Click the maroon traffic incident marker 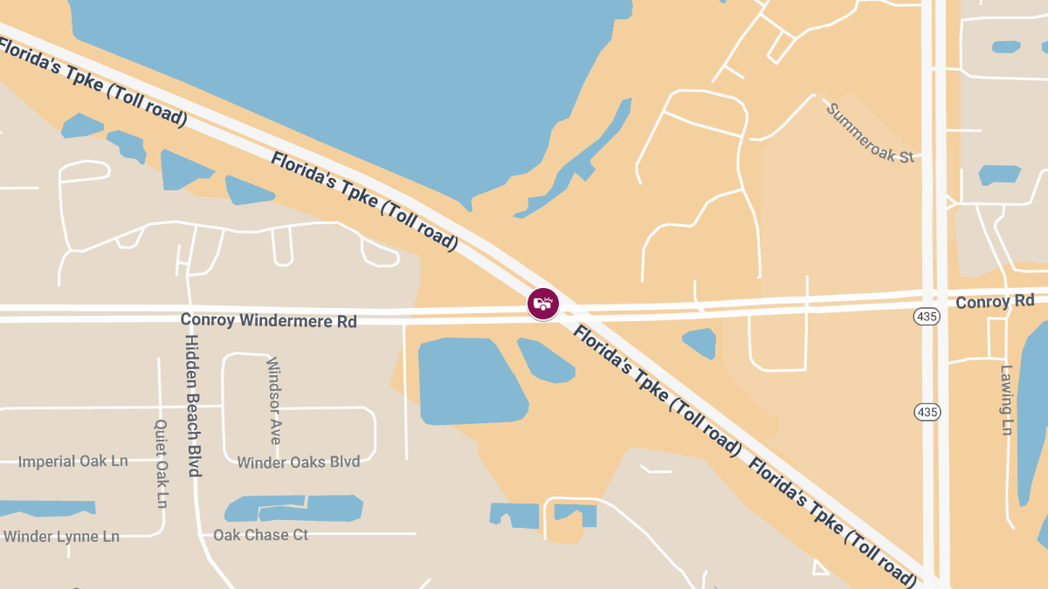543,304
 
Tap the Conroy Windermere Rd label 268,320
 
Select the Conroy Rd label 995,302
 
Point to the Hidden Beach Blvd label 193,405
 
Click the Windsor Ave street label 273,401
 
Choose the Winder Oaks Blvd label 299,462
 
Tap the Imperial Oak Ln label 73,461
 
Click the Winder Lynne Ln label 61,537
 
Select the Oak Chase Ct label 261,535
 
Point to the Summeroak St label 870,133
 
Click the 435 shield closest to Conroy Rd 927,316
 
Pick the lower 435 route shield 927,410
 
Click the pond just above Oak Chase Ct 297,508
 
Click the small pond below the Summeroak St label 999,175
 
